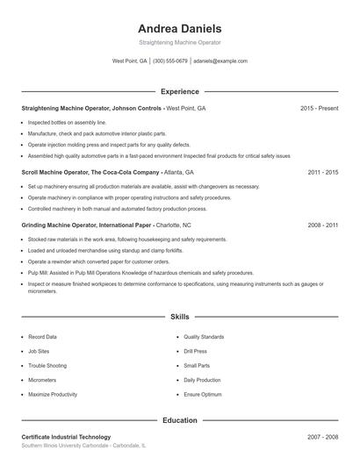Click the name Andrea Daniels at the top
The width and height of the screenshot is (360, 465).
click(179, 28)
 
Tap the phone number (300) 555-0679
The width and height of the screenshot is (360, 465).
click(170, 61)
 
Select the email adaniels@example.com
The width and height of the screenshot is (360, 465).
click(220, 61)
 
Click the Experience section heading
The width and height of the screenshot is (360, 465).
click(179, 91)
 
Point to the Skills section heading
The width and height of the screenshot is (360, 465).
click(179, 316)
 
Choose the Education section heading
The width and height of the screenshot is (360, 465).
click(179, 420)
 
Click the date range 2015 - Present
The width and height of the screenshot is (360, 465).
click(319, 108)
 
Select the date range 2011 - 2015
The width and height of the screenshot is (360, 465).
click(322, 173)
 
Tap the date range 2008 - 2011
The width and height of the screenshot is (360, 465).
click(322, 225)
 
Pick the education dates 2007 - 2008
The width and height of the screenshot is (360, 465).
click(322, 437)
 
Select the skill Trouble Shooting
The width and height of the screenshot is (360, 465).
click(47, 366)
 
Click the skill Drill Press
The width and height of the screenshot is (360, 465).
click(195, 351)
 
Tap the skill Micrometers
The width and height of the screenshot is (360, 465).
click(42, 380)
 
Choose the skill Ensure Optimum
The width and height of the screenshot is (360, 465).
click(202, 395)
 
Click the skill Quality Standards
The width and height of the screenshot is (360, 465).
click(204, 337)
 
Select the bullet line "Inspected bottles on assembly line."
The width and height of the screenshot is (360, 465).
click(67, 123)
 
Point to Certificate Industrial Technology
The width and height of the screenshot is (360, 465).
click(66, 437)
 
